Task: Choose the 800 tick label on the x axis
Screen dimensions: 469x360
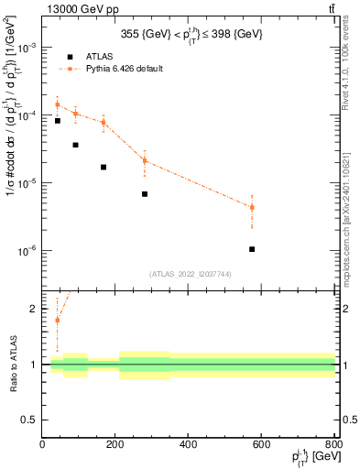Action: point(334,444)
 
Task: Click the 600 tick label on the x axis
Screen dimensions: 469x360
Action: point(261,444)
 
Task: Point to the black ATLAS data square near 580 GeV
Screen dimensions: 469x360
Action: point(252,249)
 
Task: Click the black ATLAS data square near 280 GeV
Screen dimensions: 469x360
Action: point(145,194)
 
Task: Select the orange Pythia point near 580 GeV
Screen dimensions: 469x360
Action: point(252,207)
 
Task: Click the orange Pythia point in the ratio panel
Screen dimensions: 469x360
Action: point(57,320)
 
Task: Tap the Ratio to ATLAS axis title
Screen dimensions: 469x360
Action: point(13,365)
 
